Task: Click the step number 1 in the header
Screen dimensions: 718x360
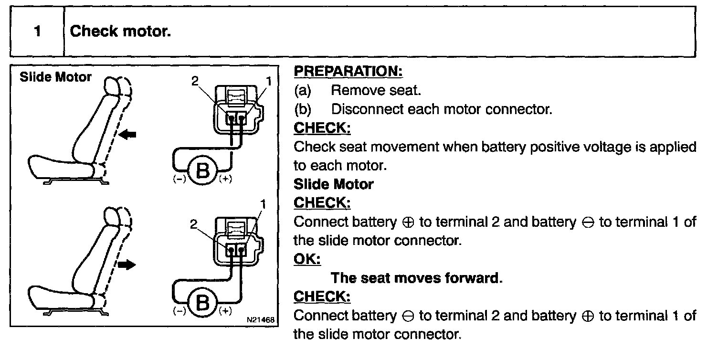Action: (37, 32)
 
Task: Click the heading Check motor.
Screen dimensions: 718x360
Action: (120, 32)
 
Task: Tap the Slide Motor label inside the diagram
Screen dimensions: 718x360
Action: (55, 77)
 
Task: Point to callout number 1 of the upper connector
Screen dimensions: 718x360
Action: (269, 81)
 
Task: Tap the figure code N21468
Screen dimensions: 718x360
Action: (261, 319)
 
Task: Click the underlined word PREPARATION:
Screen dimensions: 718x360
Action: (348, 72)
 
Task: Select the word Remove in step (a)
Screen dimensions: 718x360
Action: (353, 90)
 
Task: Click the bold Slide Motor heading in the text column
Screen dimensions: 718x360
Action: (333, 184)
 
